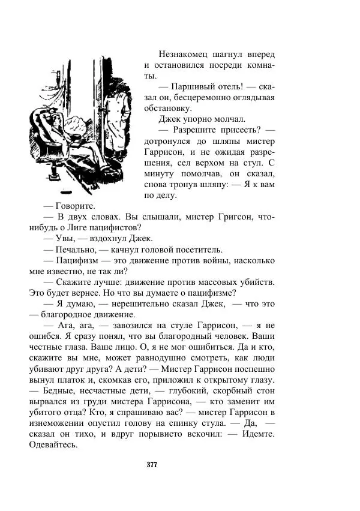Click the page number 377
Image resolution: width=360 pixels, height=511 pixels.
pyautogui.click(x=152, y=464)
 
